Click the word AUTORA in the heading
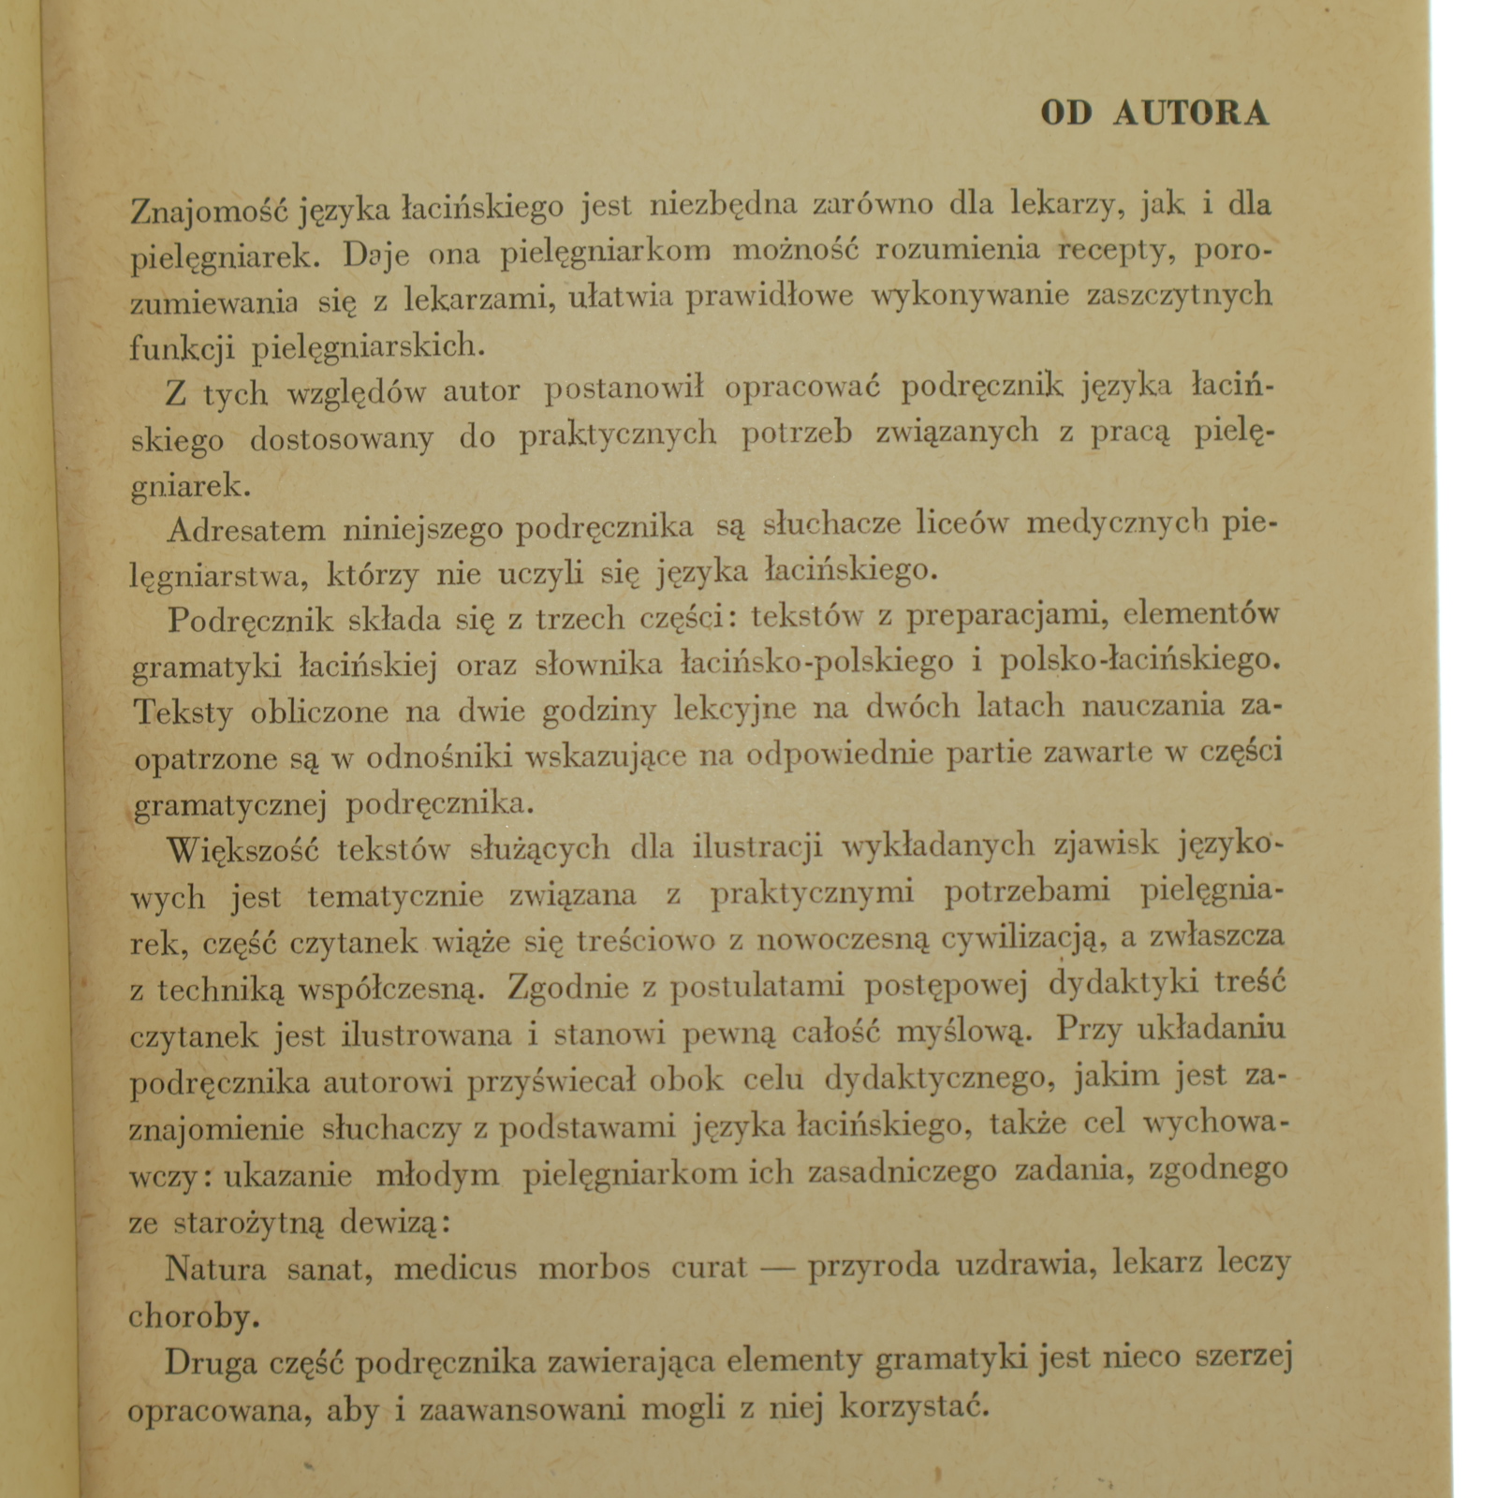pos(1191,113)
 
